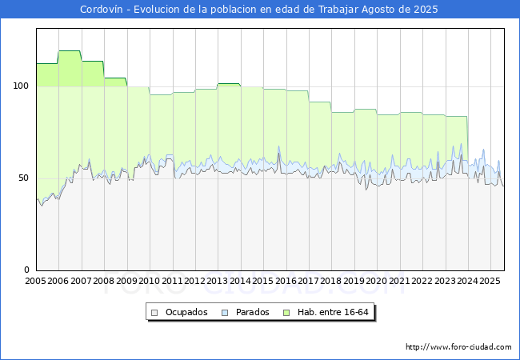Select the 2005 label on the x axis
36,282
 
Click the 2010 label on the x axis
150,282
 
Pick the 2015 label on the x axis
263,282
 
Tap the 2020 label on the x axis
377,282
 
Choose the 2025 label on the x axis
490,282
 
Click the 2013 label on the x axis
218,282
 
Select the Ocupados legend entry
186,312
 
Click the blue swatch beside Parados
226,312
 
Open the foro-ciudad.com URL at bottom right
458,347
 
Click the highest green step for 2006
70,51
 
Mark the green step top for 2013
229,83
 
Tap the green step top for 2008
115,78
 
